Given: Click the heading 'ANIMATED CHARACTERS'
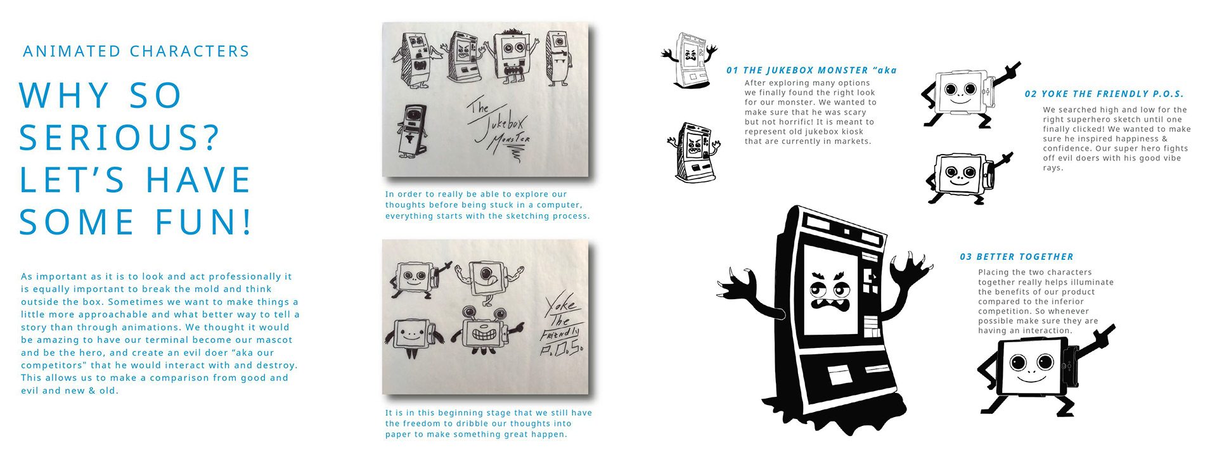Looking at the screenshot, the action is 136,51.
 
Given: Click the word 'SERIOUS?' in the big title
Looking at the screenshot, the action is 119,138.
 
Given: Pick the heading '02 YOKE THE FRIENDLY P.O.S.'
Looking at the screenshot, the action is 1104,94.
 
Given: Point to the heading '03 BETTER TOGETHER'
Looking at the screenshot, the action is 1017,257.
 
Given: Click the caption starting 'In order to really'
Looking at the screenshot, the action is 487,205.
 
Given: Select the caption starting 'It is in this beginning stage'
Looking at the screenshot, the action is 489,423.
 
